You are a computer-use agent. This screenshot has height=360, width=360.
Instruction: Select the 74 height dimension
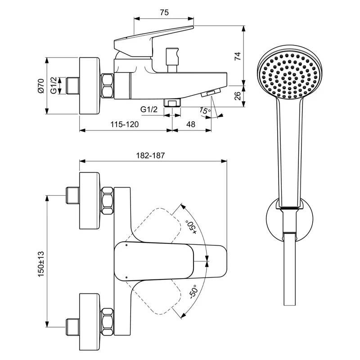pyautogui.click(x=238, y=56)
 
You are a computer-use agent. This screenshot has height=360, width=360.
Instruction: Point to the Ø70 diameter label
pyautogui.click(x=41, y=85)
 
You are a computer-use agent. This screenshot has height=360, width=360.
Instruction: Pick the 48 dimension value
pyautogui.click(x=190, y=125)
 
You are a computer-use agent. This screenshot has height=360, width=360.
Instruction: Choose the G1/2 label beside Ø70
pyautogui.click(x=54, y=85)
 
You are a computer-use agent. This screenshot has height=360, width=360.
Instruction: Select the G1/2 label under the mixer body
pyautogui.click(x=149, y=109)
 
